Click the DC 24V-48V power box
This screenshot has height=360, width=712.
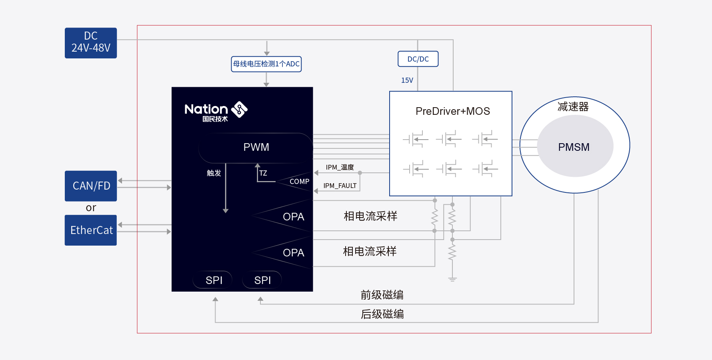(x=91, y=43)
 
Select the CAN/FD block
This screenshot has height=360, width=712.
(x=91, y=186)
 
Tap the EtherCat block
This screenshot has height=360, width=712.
(x=91, y=230)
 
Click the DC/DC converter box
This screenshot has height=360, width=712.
(x=418, y=59)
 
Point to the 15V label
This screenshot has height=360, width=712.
(x=407, y=80)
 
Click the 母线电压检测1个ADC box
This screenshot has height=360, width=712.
(x=266, y=64)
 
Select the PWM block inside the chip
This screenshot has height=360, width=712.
(x=256, y=148)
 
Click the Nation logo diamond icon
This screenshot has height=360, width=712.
(x=240, y=110)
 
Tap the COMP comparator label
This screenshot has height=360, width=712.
(x=300, y=182)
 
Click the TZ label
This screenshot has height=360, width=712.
(x=263, y=173)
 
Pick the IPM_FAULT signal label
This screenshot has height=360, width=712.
(x=340, y=186)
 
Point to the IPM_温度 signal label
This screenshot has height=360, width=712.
(x=340, y=167)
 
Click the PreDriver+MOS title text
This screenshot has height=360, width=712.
(x=453, y=111)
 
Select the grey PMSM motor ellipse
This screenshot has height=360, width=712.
(x=575, y=146)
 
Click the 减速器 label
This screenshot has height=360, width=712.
(x=573, y=107)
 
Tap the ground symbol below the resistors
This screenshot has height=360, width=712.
(x=452, y=279)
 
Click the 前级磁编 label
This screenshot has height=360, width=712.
(x=382, y=295)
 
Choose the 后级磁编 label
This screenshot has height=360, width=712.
(x=382, y=314)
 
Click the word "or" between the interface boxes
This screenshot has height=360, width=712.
(x=91, y=208)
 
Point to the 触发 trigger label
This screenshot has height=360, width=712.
(x=214, y=173)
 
